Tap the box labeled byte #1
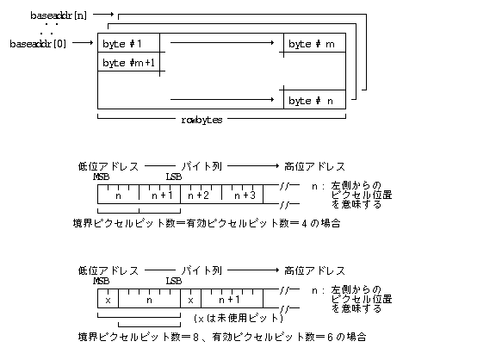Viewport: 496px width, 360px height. click(x=128, y=44)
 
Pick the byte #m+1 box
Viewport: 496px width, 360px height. click(x=128, y=63)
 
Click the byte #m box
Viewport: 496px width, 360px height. click(x=314, y=44)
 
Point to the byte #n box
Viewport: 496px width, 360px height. click(x=314, y=100)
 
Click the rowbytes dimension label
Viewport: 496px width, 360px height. click(x=202, y=120)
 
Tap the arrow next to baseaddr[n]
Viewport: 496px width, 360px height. click(x=102, y=15)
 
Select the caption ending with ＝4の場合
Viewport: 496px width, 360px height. click(x=207, y=222)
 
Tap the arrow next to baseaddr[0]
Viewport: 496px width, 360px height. click(x=83, y=43)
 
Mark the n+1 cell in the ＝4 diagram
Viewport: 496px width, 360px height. click(x=160, y=196)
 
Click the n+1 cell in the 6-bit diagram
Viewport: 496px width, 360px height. click(x=232, y=300)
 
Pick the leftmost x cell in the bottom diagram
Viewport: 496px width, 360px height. click(x=108, y=300)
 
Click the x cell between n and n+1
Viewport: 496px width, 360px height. click(x=190, y=300)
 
